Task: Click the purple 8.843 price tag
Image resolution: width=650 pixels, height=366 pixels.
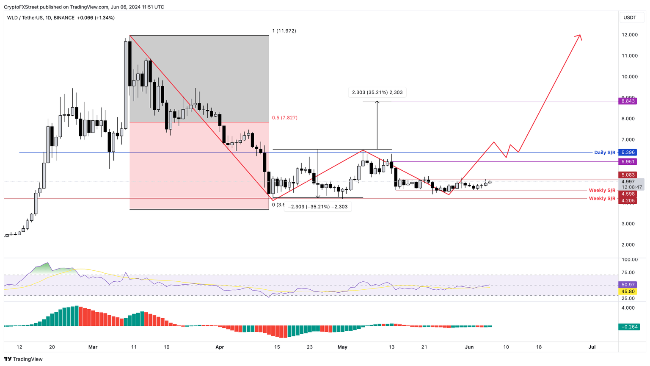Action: tap(627, 101)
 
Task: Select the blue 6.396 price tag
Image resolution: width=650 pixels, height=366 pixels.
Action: tap(627, 152)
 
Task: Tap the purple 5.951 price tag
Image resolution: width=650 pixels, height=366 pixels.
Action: tap(627, 161)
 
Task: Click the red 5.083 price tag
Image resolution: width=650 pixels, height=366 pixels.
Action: tap(627, 175)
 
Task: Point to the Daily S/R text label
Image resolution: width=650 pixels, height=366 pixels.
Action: tap(605, 152)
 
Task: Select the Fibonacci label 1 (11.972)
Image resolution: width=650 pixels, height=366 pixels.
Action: tap(284, 31)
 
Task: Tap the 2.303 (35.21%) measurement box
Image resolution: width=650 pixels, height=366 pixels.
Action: tap(377, 92)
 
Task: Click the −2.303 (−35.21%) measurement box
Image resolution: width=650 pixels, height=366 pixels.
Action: tap(318, 207)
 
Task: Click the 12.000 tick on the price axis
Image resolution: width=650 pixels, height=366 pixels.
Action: tap(630, 35)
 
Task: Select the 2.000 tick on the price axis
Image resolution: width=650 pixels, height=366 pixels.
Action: tap(630, 244)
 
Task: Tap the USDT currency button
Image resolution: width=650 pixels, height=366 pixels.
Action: tap(630, 17)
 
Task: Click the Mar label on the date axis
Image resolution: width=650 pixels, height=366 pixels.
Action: tap(93, 347)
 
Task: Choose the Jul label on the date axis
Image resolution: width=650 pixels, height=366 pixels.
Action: tap(592, 347)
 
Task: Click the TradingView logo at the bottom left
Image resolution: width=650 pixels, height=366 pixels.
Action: tap(24, 359)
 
